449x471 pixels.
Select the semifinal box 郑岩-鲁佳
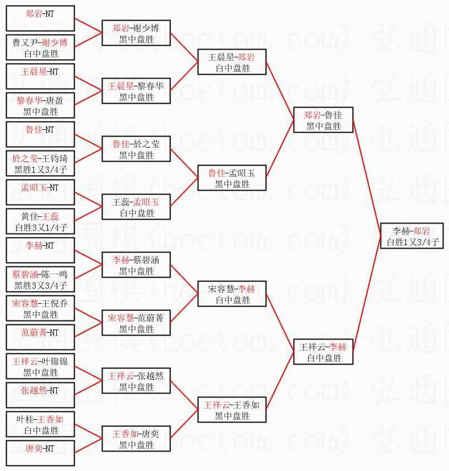[323, 120]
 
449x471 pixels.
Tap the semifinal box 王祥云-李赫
[323, 352]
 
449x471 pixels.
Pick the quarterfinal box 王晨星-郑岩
[232, 62]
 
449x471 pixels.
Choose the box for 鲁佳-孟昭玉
[232, 178]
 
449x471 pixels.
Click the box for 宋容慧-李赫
[232, 294]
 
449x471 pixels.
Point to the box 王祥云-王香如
[232, 410]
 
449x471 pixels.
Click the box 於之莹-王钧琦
[40, 163]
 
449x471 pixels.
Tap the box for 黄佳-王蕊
[40, 221]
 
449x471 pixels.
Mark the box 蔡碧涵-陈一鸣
[40, 279]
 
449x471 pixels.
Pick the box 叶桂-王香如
[40, 424]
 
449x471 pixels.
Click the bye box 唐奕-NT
[40, 453]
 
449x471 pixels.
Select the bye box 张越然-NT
[40, 395]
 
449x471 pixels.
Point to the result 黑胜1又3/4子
[41, 169]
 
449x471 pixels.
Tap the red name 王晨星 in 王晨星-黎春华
[121, 86]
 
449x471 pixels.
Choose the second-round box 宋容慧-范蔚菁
[136, 323]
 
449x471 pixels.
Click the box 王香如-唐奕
[136, 439]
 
